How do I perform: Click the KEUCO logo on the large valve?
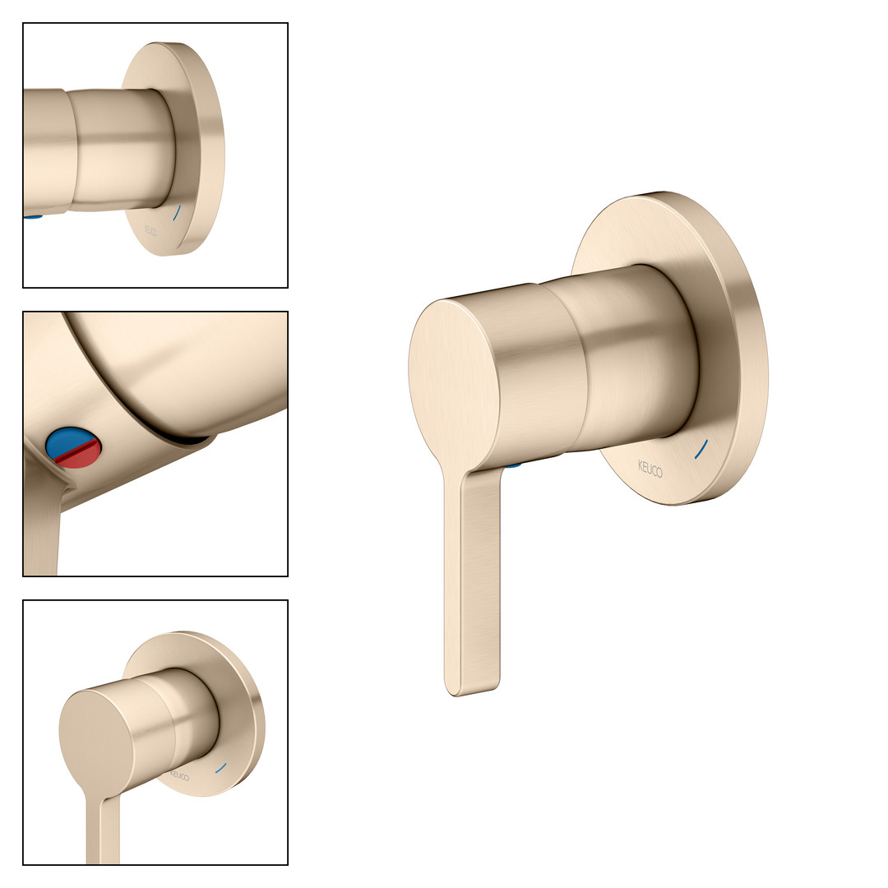click(650, 469)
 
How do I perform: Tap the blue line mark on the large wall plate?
click(701, 449)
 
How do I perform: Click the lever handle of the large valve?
click(472, 578)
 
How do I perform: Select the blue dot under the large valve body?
click(514, 465)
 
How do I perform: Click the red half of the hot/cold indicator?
click(79, 456)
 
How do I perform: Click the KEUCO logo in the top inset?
click(150, 230)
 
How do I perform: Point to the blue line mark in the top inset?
click(176, 213)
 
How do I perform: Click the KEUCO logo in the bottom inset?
click(179, 775)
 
